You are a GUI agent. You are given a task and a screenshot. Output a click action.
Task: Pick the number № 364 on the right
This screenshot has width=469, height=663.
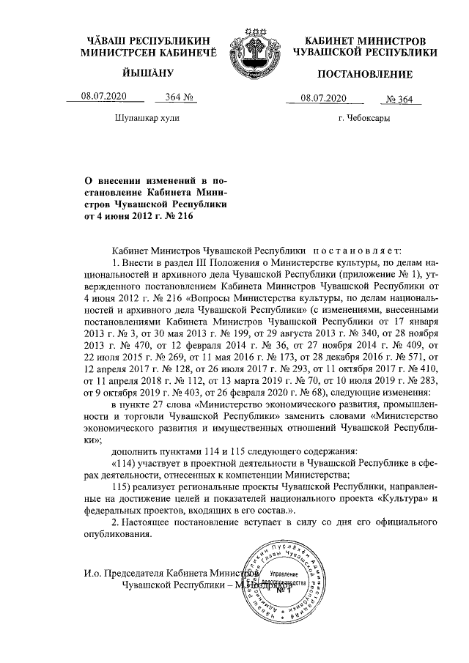pyautogui.click(x=401, y=99)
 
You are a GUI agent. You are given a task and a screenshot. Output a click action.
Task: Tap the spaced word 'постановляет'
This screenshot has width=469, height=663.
pyautogui.click(x=358, y=249)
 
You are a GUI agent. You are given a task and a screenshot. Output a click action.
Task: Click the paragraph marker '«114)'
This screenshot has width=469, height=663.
pyautogui.click(x=125, y=461)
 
